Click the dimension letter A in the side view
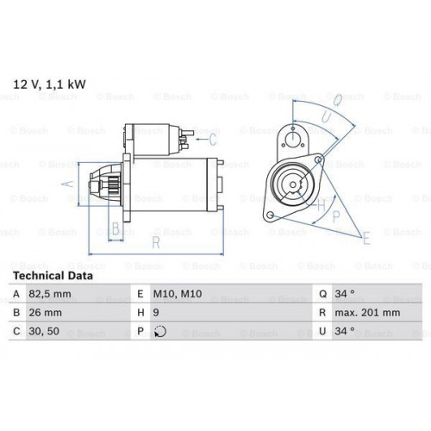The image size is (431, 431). (x=72, y=183)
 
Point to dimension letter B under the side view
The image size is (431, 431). (x=116, y=228)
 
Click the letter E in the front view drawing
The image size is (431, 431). (x=365, y=237)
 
